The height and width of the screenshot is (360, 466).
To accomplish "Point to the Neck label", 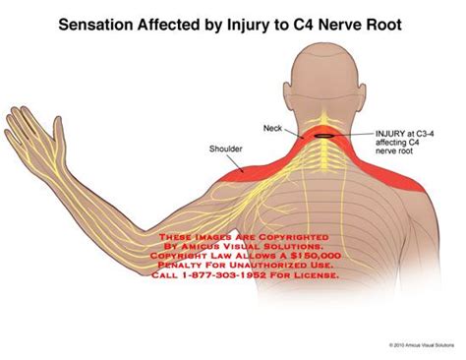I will click(272, 128).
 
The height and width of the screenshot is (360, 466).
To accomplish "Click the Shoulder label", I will click(226, 150).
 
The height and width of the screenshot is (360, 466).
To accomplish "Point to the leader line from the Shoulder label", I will click(250, 156).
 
